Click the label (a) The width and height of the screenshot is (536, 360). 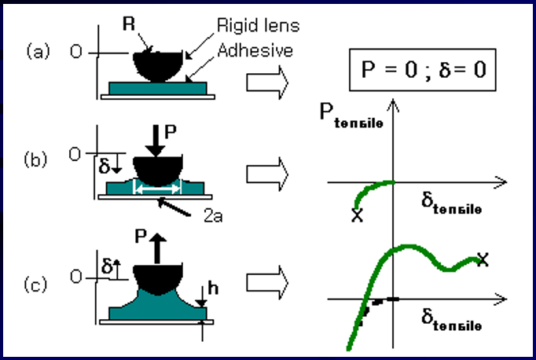pos(39,53)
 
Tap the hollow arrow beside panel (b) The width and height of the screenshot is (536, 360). pos(265,174)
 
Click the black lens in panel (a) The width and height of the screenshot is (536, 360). pos(158,64)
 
